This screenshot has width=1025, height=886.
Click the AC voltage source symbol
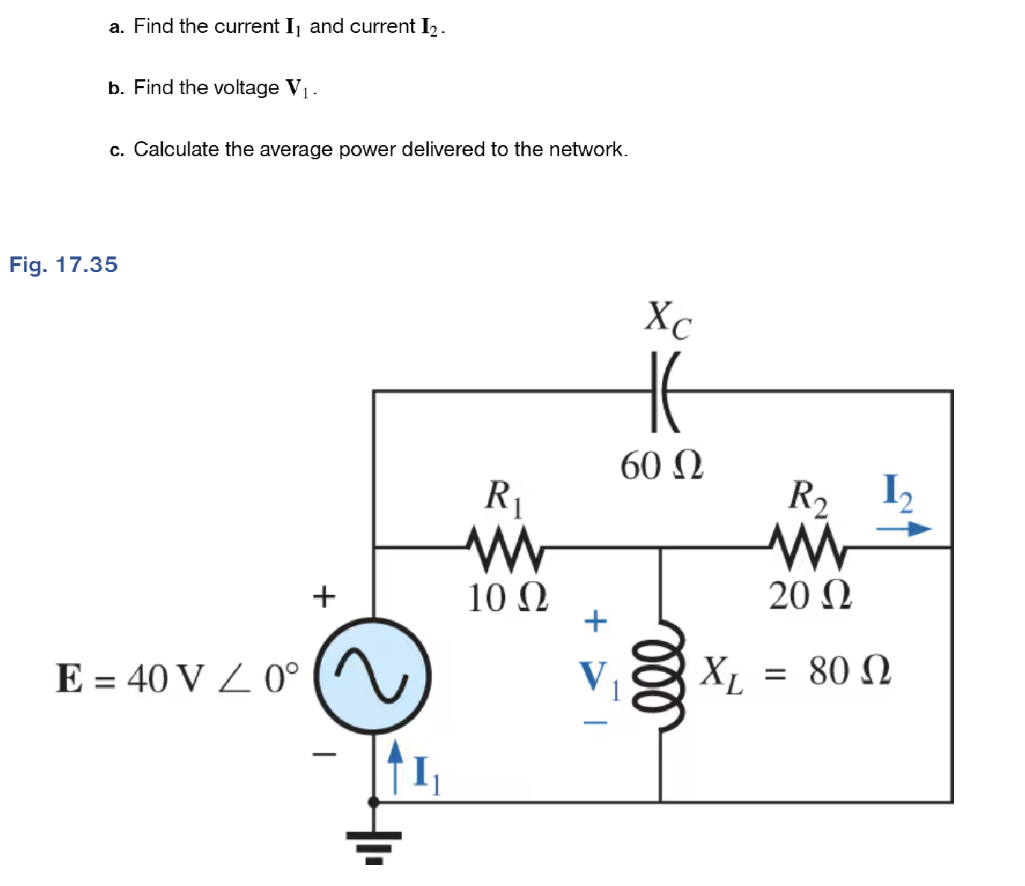(x=372, y=676)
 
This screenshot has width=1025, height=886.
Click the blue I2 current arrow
(x=904, y=529)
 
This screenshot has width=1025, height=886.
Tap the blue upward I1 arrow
(x=395, y=766)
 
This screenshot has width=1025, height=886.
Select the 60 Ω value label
(x=662, y=466)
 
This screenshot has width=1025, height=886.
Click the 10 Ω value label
(x=508, y=597)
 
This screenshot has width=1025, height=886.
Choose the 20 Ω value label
(x=811, y=595)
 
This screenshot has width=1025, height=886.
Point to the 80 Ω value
(x=849, y=671)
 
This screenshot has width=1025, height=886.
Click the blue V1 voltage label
(x=598, y=677)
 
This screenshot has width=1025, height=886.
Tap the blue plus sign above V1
(x=595, y=621)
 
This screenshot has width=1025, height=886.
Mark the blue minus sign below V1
(x=595, y=722)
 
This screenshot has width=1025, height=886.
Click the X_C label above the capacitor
(x=668, y=319)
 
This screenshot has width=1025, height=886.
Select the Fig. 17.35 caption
(x=64, y=265)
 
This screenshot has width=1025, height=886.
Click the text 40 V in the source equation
(x=165, y=679)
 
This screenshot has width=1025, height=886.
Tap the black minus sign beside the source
(x=324, y=754)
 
